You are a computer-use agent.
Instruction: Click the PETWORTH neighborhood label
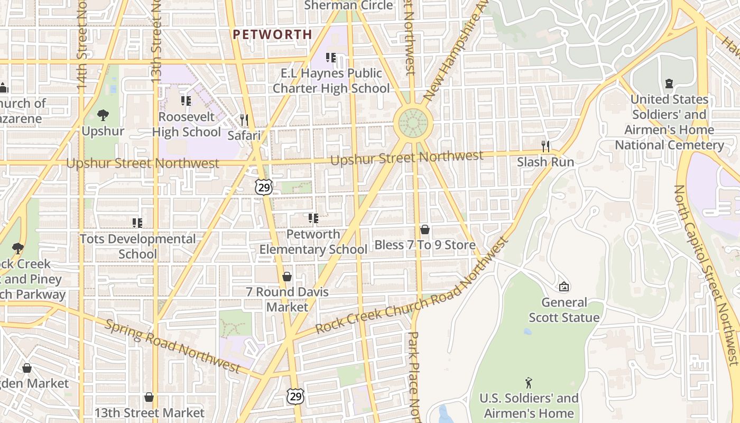[272, 34]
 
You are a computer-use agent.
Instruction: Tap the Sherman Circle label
[348, 6]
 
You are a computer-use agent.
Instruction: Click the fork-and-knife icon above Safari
[244, 120]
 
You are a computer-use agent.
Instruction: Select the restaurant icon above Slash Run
[545, 146]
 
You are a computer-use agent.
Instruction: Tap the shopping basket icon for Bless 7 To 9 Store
[424, 229]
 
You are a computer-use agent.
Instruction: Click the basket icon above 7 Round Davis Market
[287, 276]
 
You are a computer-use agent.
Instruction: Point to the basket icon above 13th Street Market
[149, 397]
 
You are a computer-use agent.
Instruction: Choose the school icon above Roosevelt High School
[186, 100]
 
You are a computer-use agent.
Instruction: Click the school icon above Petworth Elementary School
[313, 218]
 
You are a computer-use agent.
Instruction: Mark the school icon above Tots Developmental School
[137, 223]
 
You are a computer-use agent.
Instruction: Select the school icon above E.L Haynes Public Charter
[331, 58]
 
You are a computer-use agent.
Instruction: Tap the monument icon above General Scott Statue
[564, 287]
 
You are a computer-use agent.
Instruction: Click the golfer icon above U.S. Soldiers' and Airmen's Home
[529, 382]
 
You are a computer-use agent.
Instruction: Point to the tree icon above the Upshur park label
[103, 115]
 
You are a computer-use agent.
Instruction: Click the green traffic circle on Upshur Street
[413, 123]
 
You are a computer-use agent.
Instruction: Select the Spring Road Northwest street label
[172, 345]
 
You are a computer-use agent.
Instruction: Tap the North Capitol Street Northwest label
[706, 275]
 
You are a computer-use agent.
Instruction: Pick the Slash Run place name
[545, 162]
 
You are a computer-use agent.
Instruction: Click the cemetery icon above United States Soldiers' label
[669, 84]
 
